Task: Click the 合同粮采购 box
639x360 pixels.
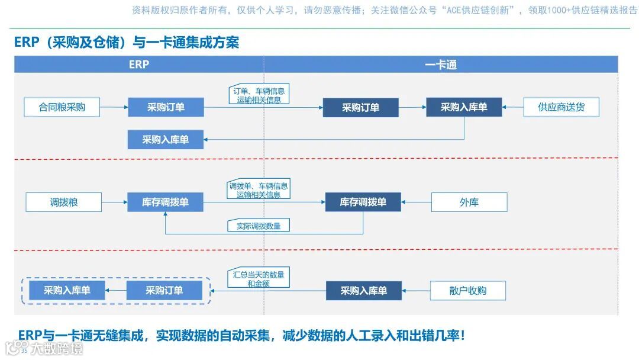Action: coord(62,107)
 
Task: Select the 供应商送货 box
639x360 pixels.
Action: coord(561,107)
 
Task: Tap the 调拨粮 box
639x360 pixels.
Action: coord(64,202)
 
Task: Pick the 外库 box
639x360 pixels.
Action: coord(469,202)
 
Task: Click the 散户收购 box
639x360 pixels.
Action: coord(468,291)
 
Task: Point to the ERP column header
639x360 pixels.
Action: coord(139,65)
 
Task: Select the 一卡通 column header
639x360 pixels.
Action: coord(441,65)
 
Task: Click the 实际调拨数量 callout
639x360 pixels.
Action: coord(259,226)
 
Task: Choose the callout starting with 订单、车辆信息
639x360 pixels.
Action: coord(259,95)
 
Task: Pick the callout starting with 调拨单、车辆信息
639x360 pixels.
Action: coord(259,190)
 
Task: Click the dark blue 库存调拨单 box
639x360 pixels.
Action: coord(363,202)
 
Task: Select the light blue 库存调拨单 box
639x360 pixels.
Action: coord(166,202)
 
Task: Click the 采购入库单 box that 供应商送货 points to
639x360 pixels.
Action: coord(464,107)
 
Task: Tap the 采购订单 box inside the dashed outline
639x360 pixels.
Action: coord(164,291)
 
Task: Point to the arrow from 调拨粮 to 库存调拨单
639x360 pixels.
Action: coord(114,202)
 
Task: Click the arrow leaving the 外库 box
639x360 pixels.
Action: coord(416,202)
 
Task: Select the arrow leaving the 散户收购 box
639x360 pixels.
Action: coord(416,291)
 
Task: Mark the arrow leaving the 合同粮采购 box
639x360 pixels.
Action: coord(114,107)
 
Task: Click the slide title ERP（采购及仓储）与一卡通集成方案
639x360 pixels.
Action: coord(127,43)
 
